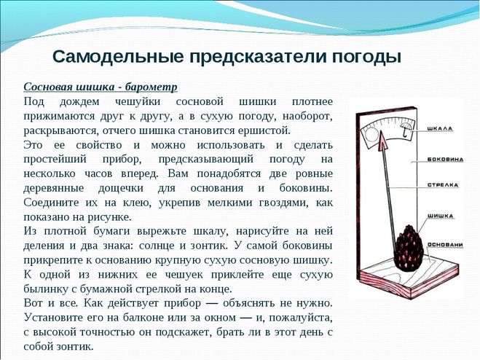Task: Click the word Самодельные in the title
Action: point(119,55)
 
